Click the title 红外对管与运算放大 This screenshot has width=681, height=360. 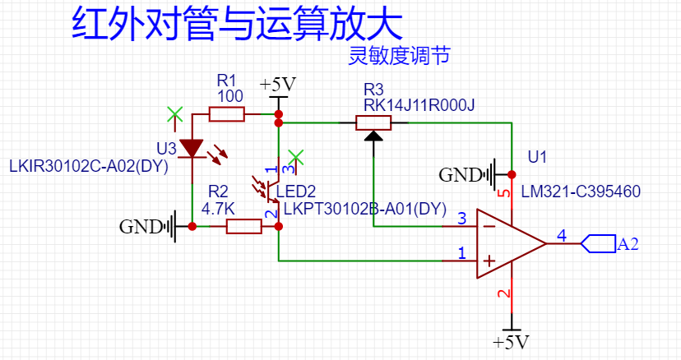pos(237,25)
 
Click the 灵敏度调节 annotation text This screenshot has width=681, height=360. pos(399,56)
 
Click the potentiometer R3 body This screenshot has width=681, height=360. pos(373,123)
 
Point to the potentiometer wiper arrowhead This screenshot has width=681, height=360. pos(373,136)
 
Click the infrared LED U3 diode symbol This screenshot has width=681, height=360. pos(192,148)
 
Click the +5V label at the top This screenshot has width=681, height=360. pos(277,85)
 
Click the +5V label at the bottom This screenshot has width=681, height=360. pos(511,342)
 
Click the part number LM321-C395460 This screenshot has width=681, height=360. pos(581,192)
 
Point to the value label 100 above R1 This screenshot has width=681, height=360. pos(229,96)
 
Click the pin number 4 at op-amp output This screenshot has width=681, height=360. pos(562,236)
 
